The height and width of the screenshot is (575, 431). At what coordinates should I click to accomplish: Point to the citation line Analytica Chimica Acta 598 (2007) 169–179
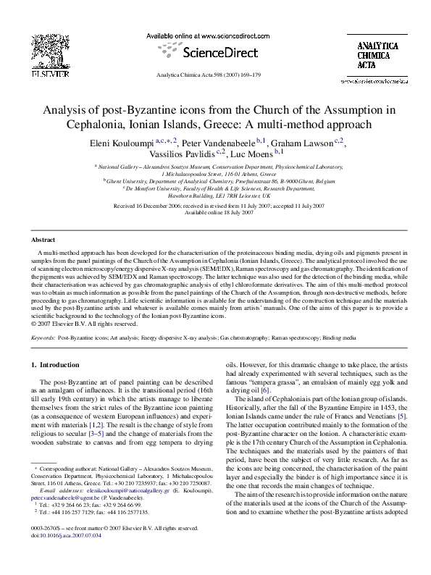coord(215,75)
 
